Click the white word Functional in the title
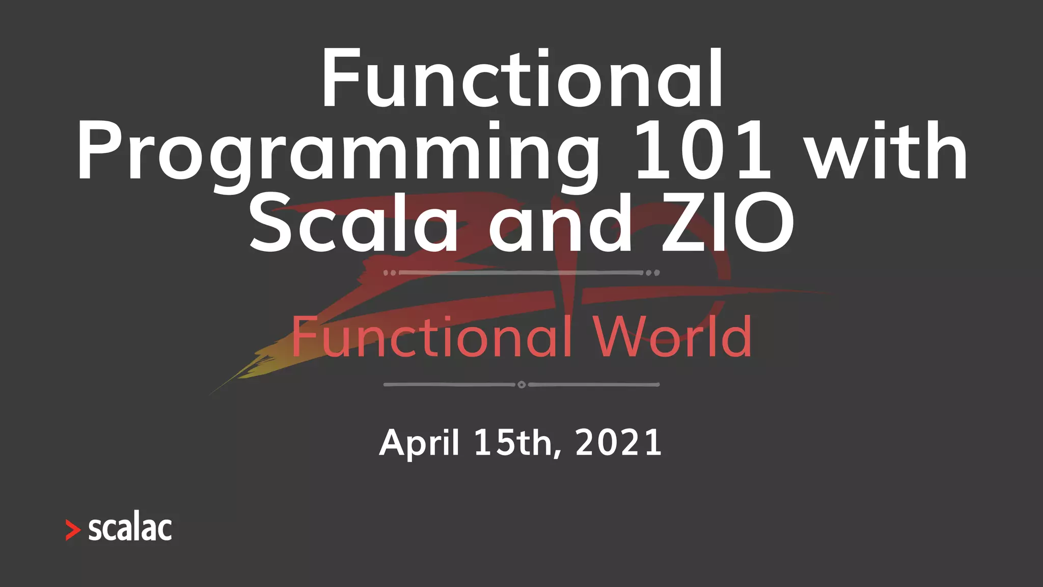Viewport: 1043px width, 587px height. pos(522,79)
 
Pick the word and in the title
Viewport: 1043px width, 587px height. pos(560,224)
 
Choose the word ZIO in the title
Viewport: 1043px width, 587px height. pos(728,224)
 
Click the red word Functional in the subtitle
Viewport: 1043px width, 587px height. pos(431,337)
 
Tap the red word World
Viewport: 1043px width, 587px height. pos(672,337)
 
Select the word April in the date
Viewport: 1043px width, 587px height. pos(419,443)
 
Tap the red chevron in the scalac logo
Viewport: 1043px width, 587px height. pos(73,530)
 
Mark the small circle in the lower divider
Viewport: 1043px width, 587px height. pos(521,385)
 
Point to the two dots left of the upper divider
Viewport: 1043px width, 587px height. pos(390,273)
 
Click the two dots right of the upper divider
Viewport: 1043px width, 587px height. pos(653,273)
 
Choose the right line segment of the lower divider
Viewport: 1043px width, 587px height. pos(594,385)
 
